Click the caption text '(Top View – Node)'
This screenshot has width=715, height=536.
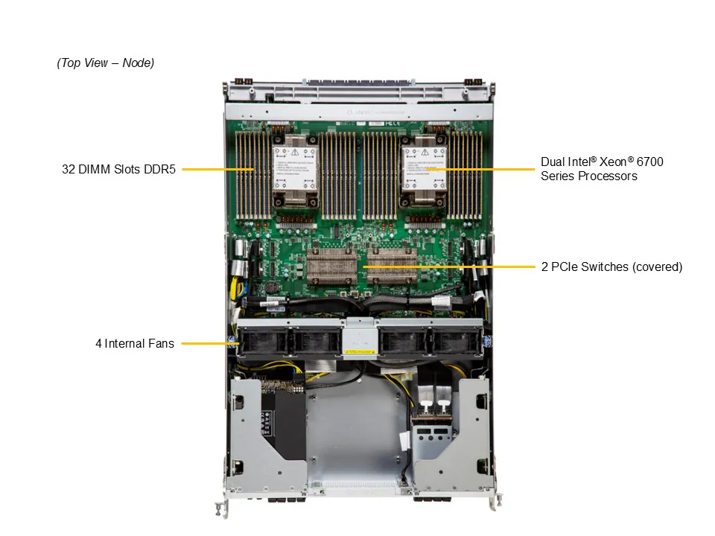pyautogui.click(x=106, y=63)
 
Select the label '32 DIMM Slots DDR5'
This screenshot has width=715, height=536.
pyautogui.click(x=118, y=170)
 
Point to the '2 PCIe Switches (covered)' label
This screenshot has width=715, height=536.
pyautogui.click(x=611, y=267)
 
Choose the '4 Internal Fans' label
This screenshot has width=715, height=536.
pyautogui.click(x=135, y=343)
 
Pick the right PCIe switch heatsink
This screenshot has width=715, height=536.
pyautogui.click(x=391, y=267)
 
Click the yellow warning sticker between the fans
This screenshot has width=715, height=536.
pyautogui.click(x=359, y=347)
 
